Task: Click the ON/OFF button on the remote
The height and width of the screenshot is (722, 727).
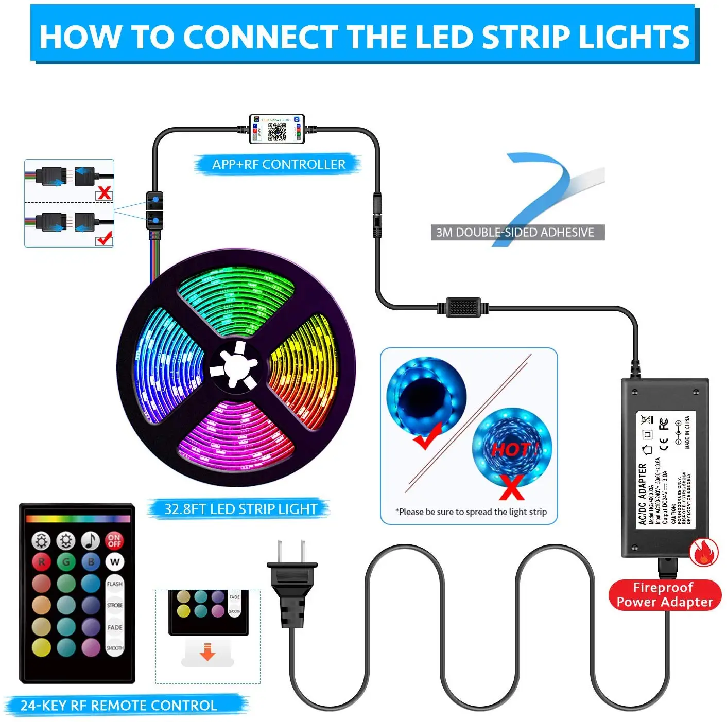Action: click(114, 540)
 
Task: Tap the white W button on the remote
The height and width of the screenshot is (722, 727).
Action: click(114, 562)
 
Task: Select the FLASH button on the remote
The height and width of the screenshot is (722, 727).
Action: click(114, 584)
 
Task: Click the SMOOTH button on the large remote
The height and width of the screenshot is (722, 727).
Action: click(114, 648)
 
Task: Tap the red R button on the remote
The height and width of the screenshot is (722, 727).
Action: click(41, 562)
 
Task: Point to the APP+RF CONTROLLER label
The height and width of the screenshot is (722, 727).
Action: click(279, 164)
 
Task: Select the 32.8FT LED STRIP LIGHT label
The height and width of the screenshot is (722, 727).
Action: click(240, 509)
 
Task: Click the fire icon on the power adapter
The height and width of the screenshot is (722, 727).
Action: click(704, 553)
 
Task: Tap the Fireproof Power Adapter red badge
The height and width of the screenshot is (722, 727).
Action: click(664, 595)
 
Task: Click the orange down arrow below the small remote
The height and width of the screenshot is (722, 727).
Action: click(207, 651)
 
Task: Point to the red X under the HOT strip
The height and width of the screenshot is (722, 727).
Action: click(512, 487)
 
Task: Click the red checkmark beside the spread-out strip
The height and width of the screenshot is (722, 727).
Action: click(427, 435)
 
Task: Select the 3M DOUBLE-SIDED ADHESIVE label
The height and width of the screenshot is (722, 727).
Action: click(515, 233)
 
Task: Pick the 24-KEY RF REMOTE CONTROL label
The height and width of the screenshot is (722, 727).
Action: click(119, 706)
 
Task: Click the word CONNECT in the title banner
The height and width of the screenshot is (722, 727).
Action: click(259, 37)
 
